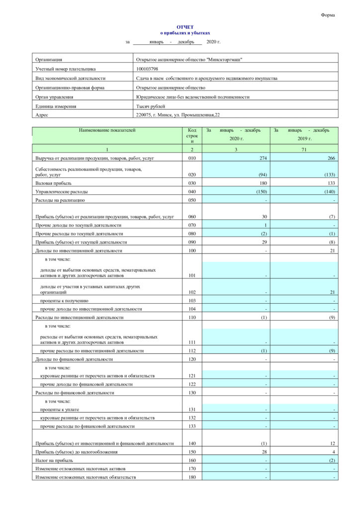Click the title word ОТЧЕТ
point(185,27)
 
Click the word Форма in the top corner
point(328,15)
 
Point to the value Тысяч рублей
point(151,106)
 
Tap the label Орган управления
point(55,97)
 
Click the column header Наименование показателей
point(107,130)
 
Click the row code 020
point(192,175)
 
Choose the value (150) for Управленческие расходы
point(261,192)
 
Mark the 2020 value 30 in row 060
point(265,217)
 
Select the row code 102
point(192,292)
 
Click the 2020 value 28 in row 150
point(265,451)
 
